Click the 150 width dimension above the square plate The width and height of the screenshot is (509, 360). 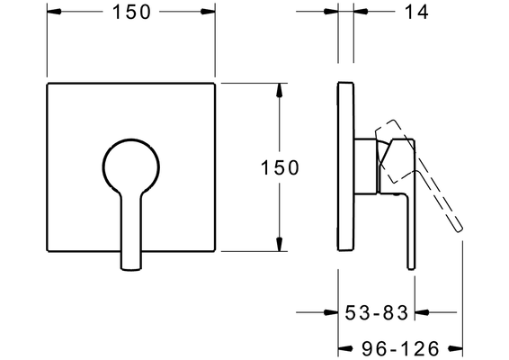[131, 13]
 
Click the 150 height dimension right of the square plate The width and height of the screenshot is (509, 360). [280, 167]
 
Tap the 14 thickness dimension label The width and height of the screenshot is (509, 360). [416, 13]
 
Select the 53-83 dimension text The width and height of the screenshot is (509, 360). [376, 312]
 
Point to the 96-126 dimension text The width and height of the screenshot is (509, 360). [401, 349]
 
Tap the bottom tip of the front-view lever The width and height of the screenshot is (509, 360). [131, 268]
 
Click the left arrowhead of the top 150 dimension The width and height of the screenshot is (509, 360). [54, 12]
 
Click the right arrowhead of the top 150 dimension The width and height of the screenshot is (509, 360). [208, 12]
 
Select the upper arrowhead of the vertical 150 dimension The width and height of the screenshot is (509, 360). [279, 90]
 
